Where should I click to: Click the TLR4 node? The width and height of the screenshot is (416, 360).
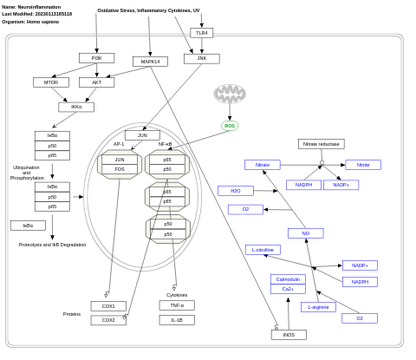click(201, 33)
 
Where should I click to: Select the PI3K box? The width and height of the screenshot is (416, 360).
click(96, 58)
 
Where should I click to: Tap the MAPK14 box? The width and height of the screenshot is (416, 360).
click(150, 62)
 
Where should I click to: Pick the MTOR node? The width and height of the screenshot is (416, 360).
click(51, 82)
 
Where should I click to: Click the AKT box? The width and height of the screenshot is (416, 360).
click(96, 82)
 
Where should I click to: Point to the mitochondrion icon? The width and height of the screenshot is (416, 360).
click(230, 94)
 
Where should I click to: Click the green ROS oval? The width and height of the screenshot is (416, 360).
click(230, 126)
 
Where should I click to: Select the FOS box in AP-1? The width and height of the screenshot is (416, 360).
click(120, 169)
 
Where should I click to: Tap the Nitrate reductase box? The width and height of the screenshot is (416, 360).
click(321, 144)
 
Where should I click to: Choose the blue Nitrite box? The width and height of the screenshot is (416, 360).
click(363, 165)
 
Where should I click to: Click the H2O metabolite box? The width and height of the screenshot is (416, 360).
click(235, 191)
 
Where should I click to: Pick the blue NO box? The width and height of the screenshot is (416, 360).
click(305, 233)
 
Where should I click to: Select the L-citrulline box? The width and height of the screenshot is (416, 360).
click(263, 250)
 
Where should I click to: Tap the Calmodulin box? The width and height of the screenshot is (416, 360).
click(288, 279)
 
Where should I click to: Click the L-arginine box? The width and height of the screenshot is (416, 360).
click(318, 307)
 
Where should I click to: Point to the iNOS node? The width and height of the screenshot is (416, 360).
click(289, 335)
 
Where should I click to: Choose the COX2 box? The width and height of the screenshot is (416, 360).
click(108, 320)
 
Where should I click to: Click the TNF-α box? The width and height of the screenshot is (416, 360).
click(177, 305)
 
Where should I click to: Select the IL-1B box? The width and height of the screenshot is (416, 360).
click(177, 320)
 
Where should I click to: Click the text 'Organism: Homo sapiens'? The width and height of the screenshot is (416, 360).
click(30, 22)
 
